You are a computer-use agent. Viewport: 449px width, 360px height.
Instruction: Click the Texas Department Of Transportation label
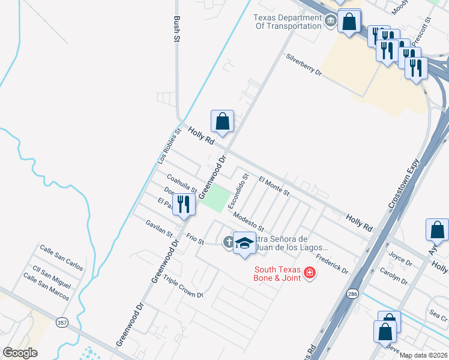(x=288, y=22)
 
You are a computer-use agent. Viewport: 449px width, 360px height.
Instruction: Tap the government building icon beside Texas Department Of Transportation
(x=331, y=22)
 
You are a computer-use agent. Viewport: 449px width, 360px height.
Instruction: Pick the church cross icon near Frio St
(x=228, y=242)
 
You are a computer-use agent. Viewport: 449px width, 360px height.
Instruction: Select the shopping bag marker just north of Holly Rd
(x=223, y=121)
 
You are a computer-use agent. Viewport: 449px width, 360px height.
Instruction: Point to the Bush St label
(x=177, y=28)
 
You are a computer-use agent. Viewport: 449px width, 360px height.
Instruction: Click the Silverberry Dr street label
(x=304, y=65)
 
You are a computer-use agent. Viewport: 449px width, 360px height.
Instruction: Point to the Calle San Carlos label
(x=61, y=255)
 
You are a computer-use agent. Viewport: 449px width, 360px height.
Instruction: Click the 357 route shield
(x=62, y=323)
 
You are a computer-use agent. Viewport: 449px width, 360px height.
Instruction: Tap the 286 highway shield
(x=353, y=293)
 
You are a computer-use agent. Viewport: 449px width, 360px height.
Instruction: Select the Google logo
(x=20, y=353)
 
